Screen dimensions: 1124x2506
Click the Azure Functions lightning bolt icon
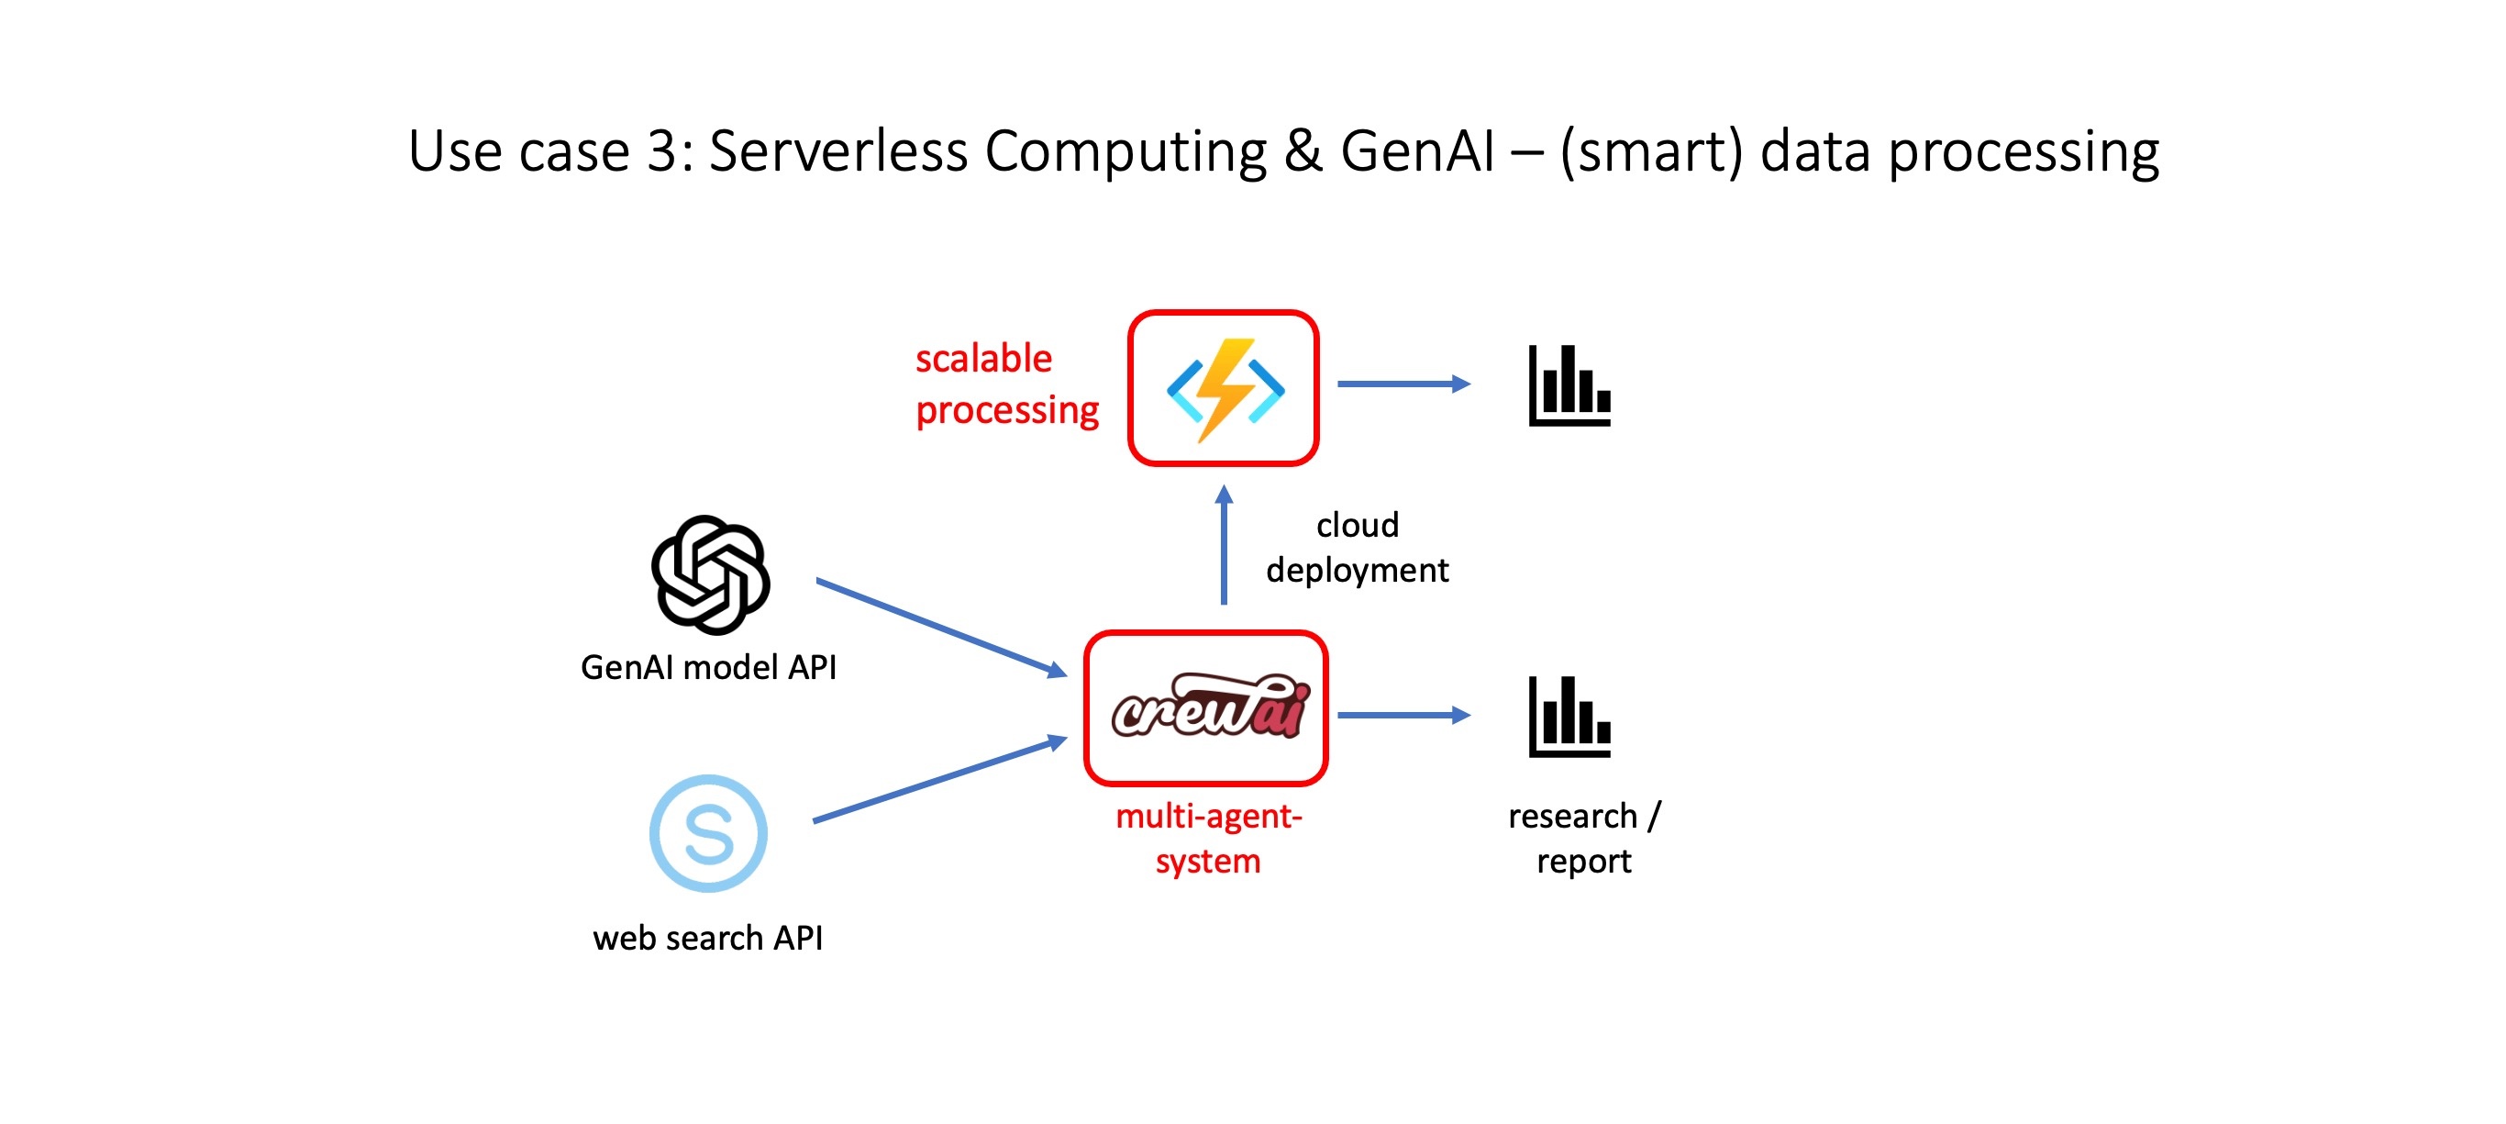click(x=1225, y=389)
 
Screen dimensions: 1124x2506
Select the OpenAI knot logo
click(x=710, y=574)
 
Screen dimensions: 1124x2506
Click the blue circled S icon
click(x=708, y=834)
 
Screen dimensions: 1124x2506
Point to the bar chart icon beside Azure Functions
click(x=1569, y=386)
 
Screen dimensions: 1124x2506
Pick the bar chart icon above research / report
click(x=1569, y=718)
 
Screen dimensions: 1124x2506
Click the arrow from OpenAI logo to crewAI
click(x=941, y=627)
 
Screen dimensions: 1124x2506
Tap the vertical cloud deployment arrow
click(x=1224, y=546)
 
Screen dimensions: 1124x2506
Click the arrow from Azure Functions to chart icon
click(x=1403, y=384)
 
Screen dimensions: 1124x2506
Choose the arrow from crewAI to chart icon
click(x=1403, y=716)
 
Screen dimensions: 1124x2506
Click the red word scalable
click(x=983, y=359)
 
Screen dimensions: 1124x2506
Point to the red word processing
click(x=1007, y=411)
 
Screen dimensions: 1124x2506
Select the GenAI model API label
click(x=708, y=668)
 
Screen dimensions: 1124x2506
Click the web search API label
click(x=708, y=938)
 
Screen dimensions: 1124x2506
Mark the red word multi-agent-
click(x=1208, y=817)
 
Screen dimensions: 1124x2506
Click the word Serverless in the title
click(x=838, y=151)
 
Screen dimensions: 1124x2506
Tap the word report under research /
click(x=1584, y=862)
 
